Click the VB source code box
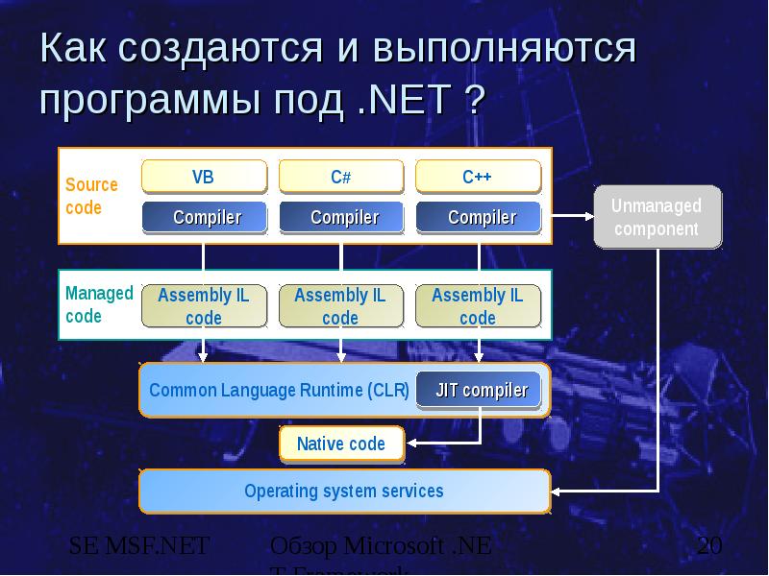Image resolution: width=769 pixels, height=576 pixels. [x=204, y=178]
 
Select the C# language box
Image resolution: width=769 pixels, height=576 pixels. [x=340, y=178]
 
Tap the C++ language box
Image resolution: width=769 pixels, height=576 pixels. [x=478, y=178]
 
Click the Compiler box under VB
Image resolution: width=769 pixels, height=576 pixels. [x=204, y=217]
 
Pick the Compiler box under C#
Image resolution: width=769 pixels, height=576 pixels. [x=340, y=217]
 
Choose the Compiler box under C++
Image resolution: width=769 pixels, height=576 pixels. [x=478, y=217]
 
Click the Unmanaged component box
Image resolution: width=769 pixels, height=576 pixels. [x=657, y=218]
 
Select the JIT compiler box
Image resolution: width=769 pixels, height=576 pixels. [x=481, y=390]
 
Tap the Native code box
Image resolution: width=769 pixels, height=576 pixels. [x=340, y=444]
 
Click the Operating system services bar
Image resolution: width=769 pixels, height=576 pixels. [x=344, y=492]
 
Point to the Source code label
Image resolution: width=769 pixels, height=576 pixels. [x=91, y=196]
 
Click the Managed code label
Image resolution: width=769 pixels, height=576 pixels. [x=99, y=304]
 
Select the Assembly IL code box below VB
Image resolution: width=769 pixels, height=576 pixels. [x=204, y=306]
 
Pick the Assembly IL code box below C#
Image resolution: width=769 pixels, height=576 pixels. [x=340, y=306]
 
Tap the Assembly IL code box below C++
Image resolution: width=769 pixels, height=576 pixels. [x=478, y=306]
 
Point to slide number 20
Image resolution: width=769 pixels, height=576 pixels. [x=709, y=548]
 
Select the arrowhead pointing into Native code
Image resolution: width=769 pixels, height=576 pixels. [x=411, y=444]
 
